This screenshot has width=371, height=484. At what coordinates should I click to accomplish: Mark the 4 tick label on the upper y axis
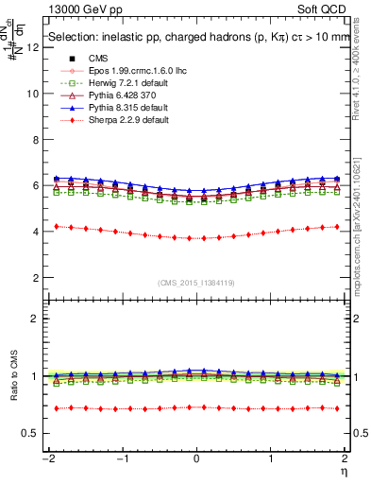pyautogui.click(x=36, y=232)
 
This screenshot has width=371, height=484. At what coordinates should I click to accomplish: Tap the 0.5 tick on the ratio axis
pyautogui.click(x=32, y=433)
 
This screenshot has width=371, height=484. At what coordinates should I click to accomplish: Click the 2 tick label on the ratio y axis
pyautogui.click(x=36, y=319)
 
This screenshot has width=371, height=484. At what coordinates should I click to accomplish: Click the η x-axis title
pyautogui.click(x=346, y=470)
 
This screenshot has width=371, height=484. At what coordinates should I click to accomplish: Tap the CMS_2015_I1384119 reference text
pyautogui.click(x=196, y=283)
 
